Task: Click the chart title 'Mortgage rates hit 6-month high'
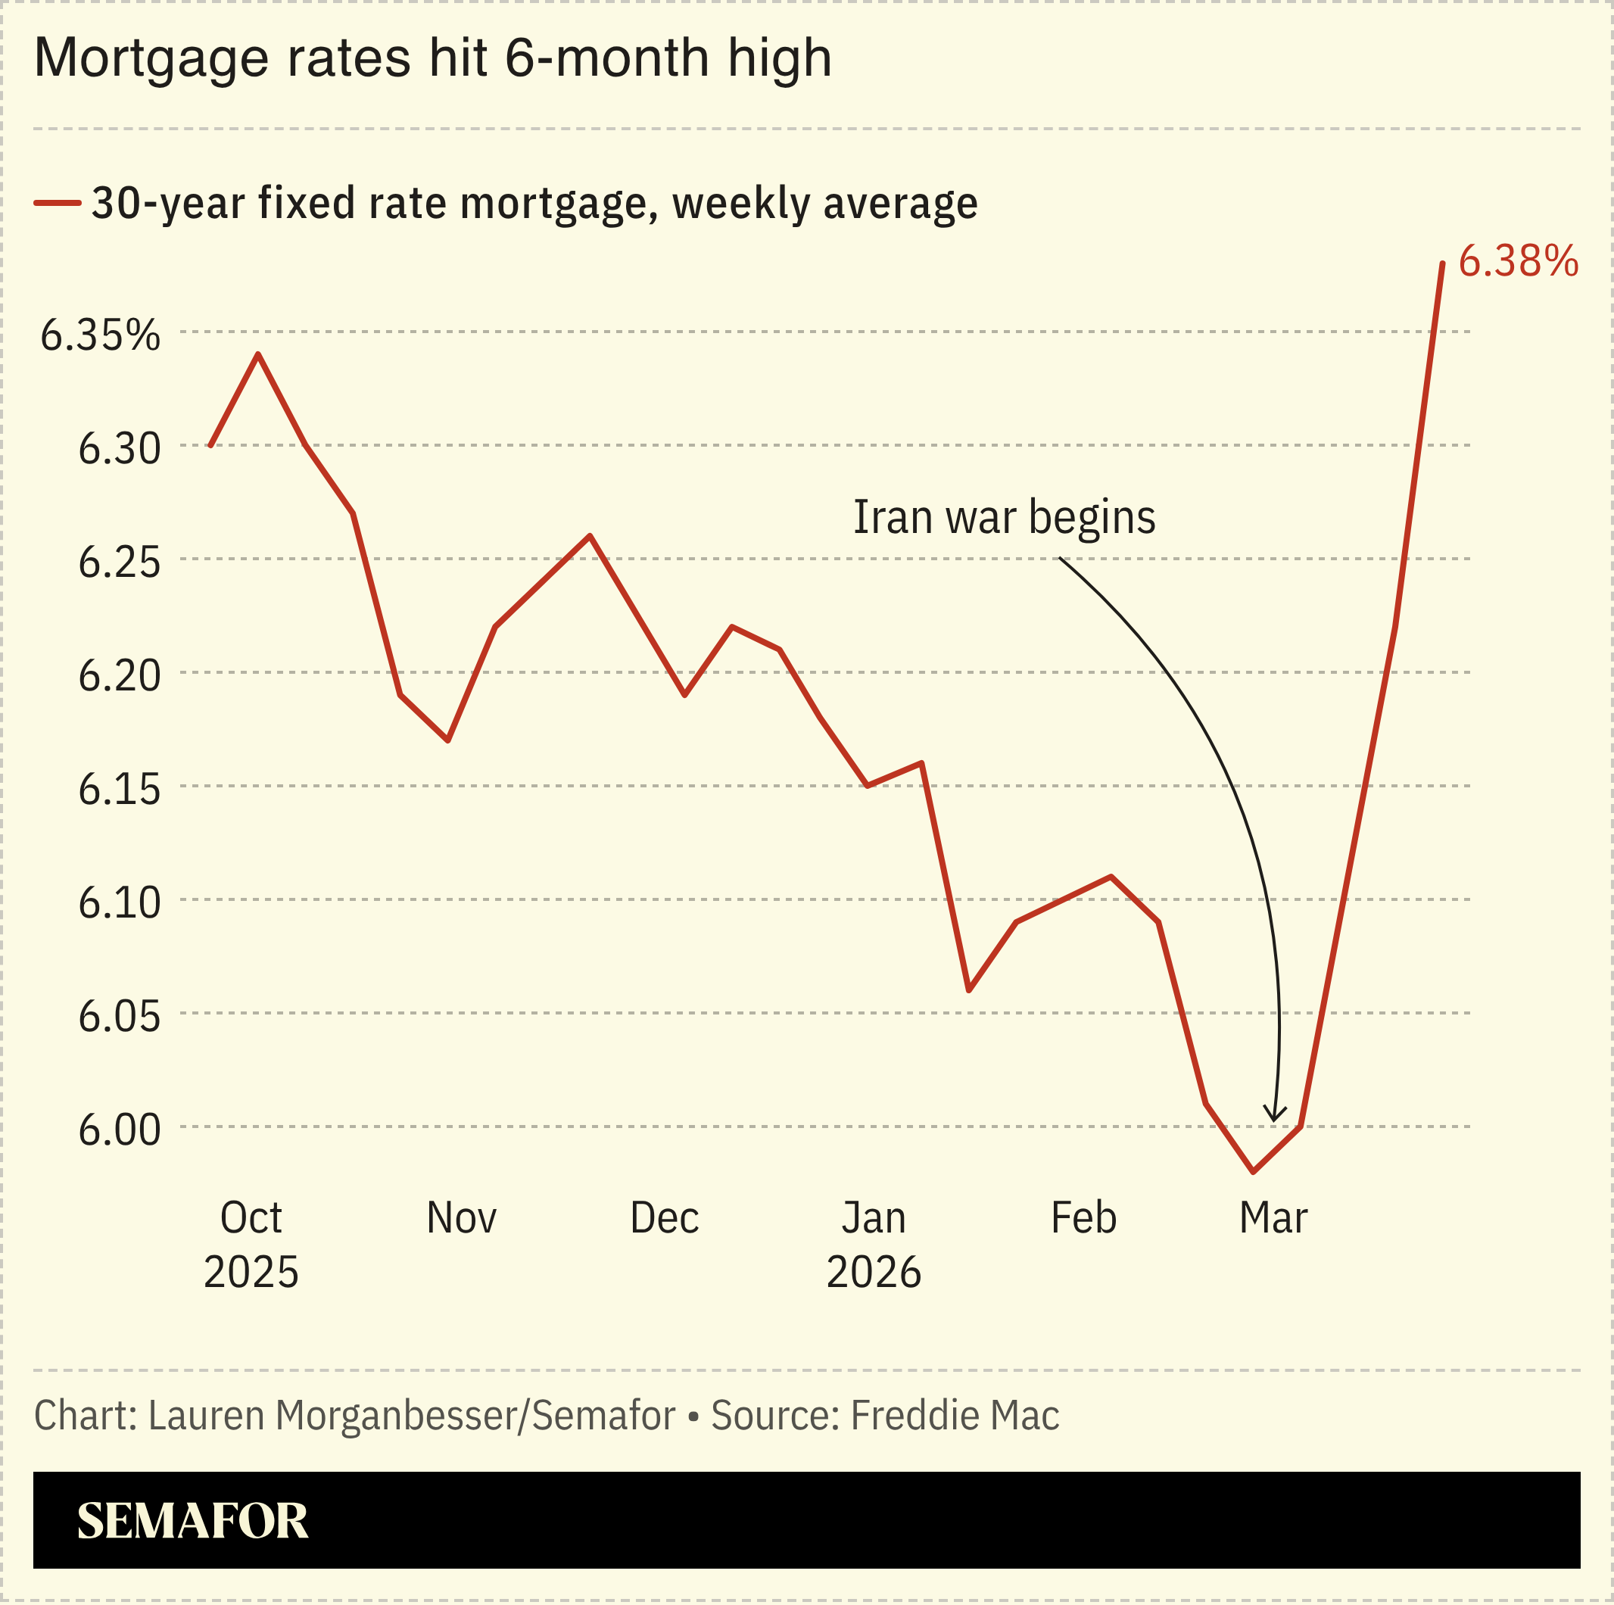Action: (433, 58)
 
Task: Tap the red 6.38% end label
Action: (1518, 261)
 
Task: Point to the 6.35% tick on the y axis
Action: (100, 336)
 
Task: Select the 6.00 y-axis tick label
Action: (119, 1130)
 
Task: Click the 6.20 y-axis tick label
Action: (119, 676)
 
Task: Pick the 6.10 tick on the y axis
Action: (119, 903)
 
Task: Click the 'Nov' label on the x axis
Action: (461, 1218)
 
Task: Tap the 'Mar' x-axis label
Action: (1273, 1218)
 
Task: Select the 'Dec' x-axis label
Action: (664, 1218)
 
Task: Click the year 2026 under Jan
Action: (873, 1273)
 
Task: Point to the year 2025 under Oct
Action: (251, 1273)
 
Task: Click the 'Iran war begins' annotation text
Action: (1004, 517)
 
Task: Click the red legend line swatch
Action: (57, 203)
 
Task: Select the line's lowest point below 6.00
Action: (1253, 1171)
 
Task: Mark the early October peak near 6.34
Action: (259, 354)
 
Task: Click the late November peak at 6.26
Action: (590, 535)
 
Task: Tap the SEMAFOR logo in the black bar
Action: (192, 1521)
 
